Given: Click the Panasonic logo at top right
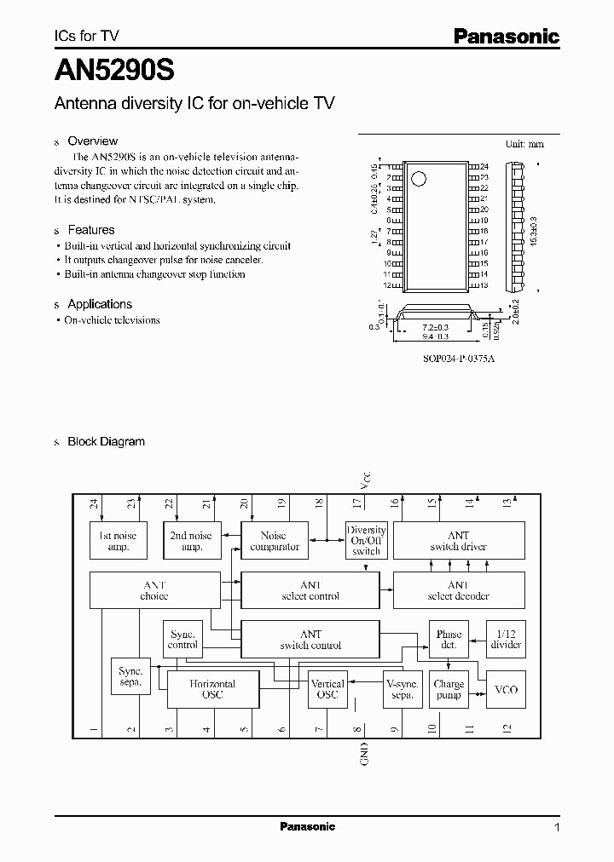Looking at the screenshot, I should [x=505, y=36].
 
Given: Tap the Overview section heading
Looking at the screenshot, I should [x=92, y=141].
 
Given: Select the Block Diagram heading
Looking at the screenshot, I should [x=106, y=441].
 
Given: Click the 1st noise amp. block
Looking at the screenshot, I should [x=118, y=541].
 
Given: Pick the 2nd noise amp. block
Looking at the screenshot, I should [x=191, y=541].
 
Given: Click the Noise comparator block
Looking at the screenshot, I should [x=275, y=541].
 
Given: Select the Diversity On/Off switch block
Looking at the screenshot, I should [x=366, y=540].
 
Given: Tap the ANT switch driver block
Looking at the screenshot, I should [x=458, y=541].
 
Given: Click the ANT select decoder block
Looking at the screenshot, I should [x=458, y=590].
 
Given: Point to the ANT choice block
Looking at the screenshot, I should [x=153, y=590].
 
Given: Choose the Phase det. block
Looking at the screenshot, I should [x=449, y=640].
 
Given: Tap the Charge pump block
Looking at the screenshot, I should [x=449, y=689].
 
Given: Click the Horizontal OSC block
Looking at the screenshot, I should [x=212, y=689].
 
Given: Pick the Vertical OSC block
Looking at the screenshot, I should [x=327, y=689].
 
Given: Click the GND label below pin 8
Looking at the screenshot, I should [x=364, y=753].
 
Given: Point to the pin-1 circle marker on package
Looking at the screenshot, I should [x=418, y=179].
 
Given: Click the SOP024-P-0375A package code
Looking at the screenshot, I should [x=459, y=359].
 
